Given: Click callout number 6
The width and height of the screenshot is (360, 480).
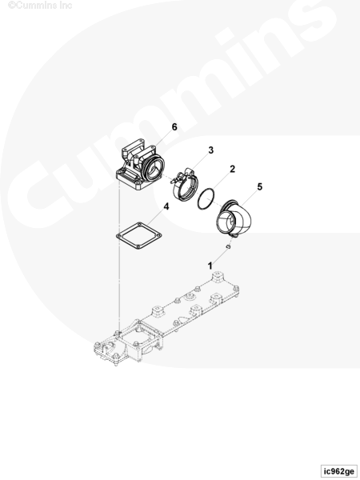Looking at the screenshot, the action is (174, 126).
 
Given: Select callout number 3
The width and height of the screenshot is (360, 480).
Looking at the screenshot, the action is (211, 150).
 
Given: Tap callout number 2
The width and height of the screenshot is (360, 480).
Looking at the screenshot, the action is (232, 169).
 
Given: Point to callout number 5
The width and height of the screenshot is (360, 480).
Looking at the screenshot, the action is (259, 186).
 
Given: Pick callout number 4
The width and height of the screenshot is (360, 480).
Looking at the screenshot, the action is (166, 206).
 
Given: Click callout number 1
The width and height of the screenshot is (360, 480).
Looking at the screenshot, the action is (210, 266).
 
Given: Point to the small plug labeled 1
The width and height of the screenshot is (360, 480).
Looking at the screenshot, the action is (228, 246).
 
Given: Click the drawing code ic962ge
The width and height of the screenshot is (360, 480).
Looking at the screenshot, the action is (339, 471).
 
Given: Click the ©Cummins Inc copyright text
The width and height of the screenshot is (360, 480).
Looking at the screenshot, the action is (40, 6).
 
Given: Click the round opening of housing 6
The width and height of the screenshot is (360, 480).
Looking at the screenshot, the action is (155, 169).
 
